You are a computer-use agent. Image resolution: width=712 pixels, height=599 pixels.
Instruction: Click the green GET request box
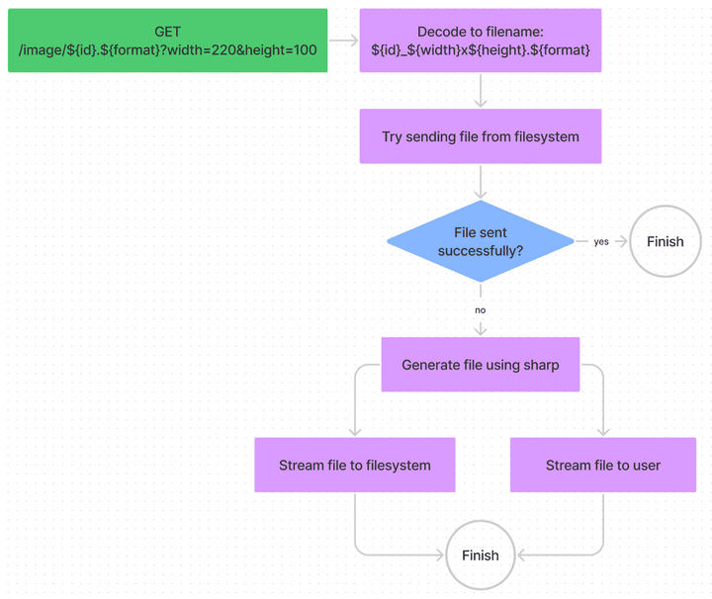(x=167, y=41)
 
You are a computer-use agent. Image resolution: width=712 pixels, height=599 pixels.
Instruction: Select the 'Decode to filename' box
(x=481, y=41)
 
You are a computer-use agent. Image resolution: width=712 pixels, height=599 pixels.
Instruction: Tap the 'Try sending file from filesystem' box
(x=481, y=136)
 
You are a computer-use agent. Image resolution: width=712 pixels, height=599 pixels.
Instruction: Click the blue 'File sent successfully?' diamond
(x=481, y=241)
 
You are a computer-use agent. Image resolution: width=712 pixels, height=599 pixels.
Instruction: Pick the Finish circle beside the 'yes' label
(x=665, y=241)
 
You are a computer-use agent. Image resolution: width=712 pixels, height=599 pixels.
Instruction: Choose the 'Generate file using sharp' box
(x=481, y=365)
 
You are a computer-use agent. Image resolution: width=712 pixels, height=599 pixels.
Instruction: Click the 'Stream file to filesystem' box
(x=355, y=465)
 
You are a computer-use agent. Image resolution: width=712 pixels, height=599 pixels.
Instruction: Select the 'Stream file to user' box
(x=603, y=465)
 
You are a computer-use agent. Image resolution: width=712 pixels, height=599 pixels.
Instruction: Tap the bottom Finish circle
(x=481, y=556)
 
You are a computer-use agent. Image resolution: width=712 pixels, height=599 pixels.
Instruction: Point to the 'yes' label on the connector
(x=601, y=241)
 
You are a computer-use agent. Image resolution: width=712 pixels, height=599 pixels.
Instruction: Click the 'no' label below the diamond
(x=481, y=309)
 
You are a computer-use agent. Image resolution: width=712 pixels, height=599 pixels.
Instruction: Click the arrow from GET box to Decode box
(x=343, y=41)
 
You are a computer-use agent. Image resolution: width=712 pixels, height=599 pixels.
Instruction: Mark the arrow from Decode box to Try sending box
(x=481, y=91)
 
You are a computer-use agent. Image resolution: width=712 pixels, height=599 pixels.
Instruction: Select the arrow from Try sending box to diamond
(x=481, y=182)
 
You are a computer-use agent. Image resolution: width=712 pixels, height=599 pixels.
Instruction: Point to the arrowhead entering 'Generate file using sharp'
(x=481, y=329)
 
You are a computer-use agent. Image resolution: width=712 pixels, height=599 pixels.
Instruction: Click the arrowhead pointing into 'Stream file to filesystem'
(x=355, y=431)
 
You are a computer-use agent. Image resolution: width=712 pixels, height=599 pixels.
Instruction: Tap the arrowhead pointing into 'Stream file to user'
(x=603, y=431)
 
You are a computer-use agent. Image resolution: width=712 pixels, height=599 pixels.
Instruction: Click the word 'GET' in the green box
(x=167, y=32)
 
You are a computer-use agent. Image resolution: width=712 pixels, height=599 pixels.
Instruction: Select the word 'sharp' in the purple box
(x=541, y=365)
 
